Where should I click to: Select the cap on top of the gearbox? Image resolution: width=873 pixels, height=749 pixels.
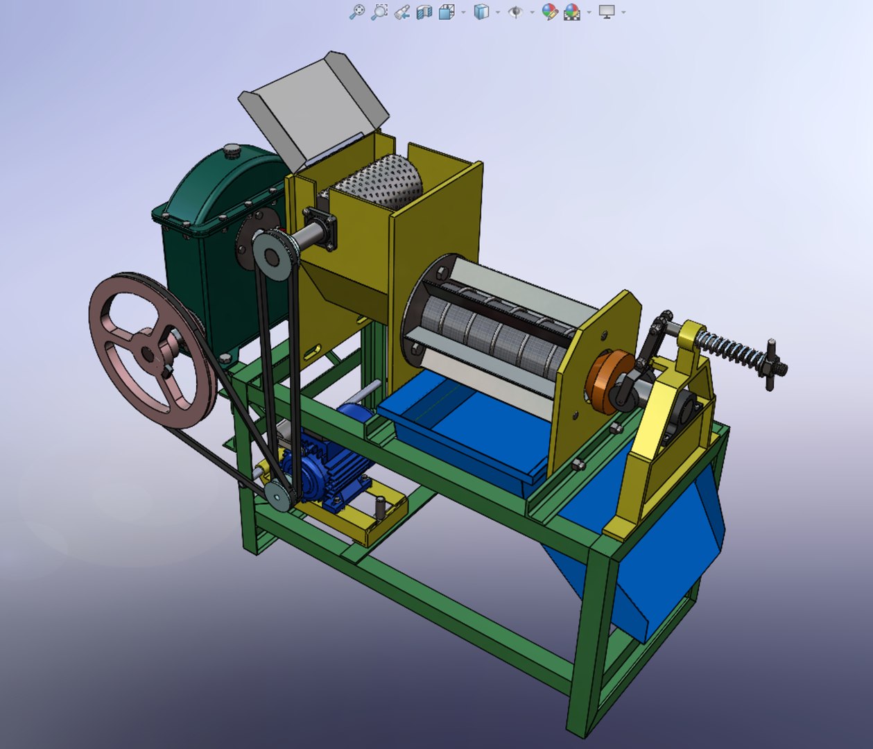tap(232, 149)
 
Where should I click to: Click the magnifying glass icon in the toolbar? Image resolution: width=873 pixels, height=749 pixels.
tap(356, 12)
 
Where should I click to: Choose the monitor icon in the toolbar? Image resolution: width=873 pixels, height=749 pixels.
tap(607, 12)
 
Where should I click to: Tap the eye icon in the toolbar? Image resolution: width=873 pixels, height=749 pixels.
tap(515, 12)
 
